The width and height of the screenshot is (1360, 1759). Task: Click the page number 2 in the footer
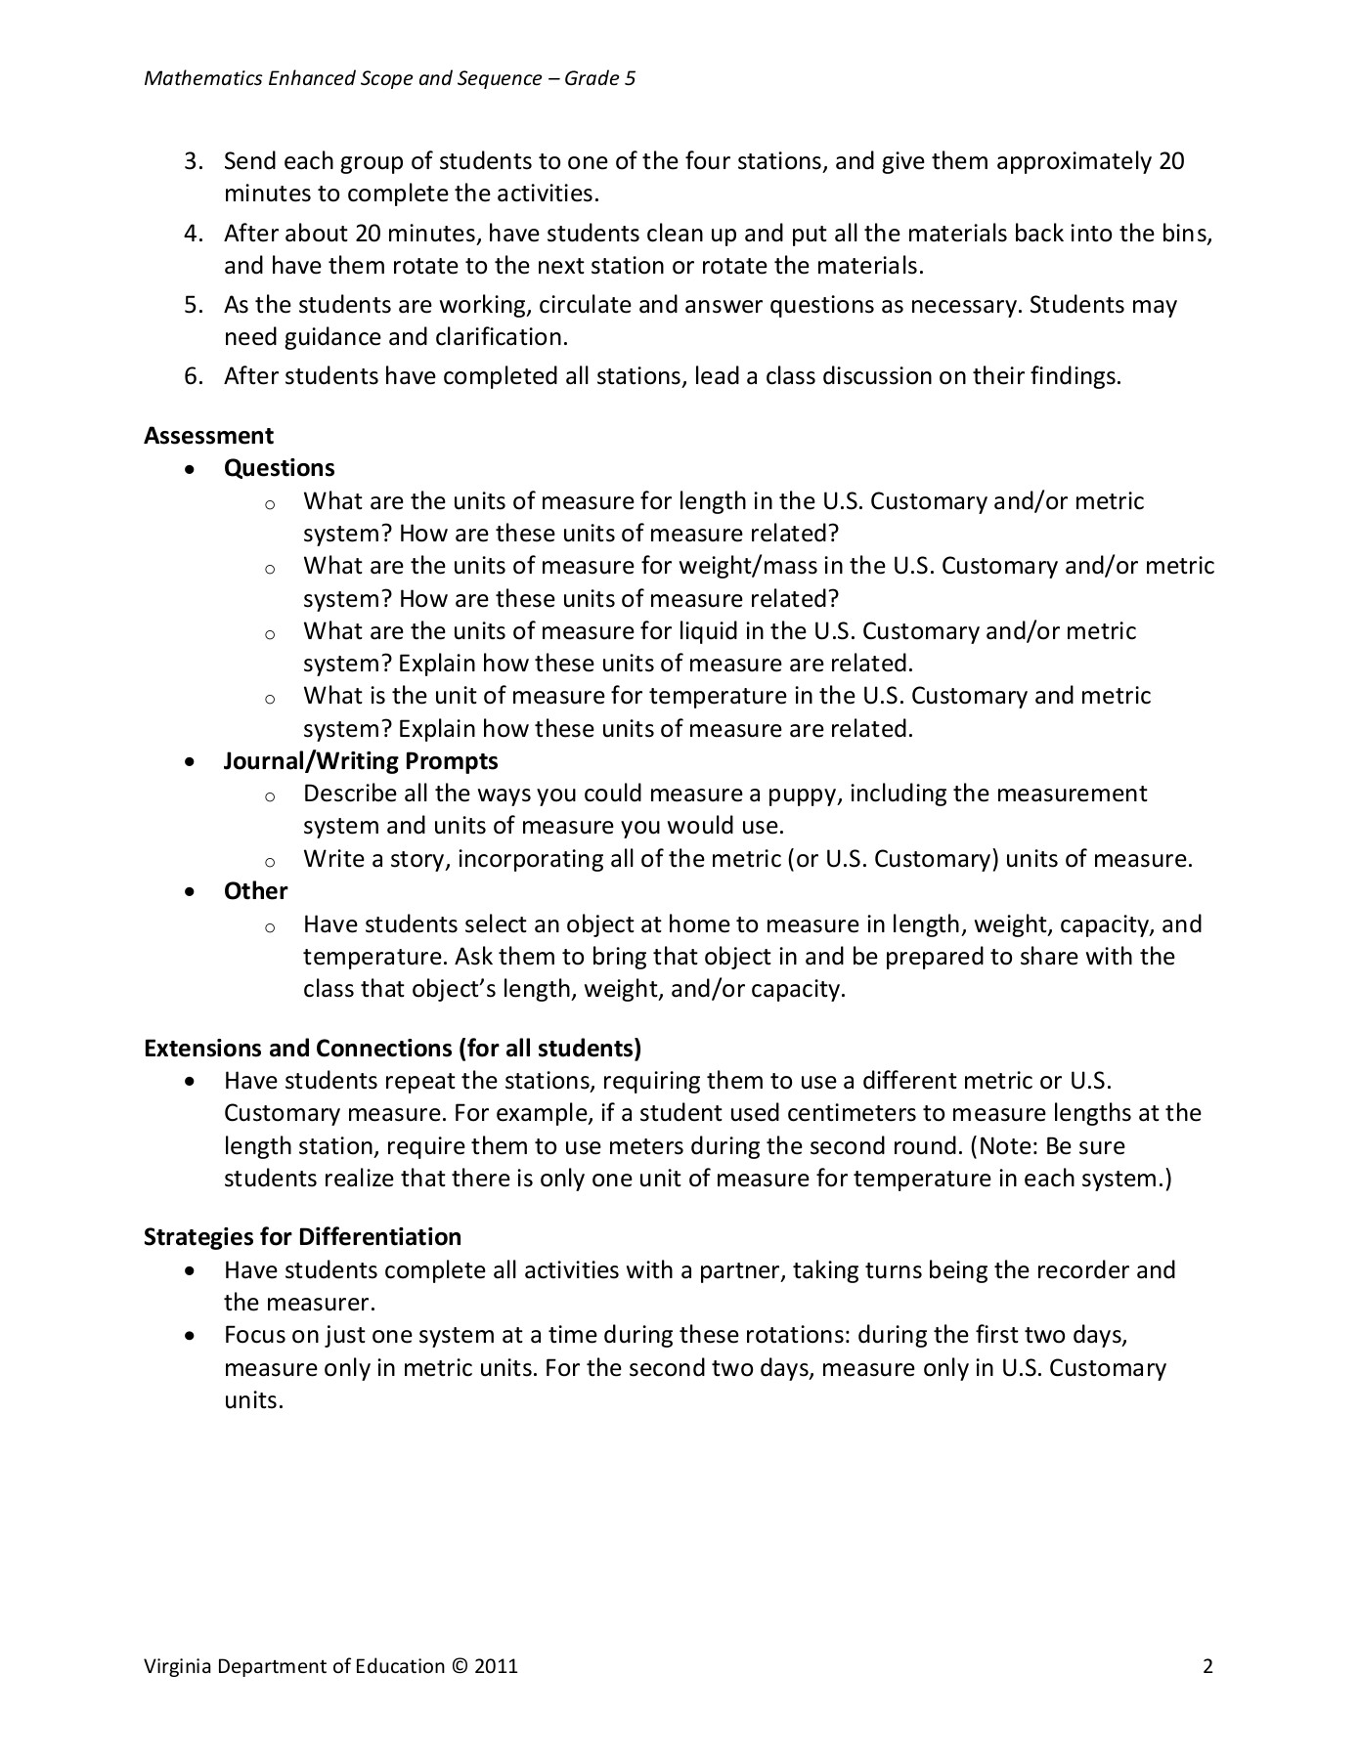coord(1207,1667)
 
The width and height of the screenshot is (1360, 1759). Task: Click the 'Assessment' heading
coord(208,436)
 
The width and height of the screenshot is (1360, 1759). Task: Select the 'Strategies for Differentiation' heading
coord(302,1237)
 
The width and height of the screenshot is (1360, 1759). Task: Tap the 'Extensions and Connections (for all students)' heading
coord(392,1049)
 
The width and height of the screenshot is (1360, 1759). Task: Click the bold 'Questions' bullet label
coord(279,468)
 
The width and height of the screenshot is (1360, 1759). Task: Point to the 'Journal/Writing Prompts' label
coord(361,761)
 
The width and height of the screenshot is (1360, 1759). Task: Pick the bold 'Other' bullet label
coord(255,891)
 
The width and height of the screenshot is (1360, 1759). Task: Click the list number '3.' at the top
coord(193,161)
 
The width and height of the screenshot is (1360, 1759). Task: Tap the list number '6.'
coord(193,376)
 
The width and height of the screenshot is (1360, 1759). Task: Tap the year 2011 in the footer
coord(496,1667)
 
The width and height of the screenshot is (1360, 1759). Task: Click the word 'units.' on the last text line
coord(253,1400)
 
